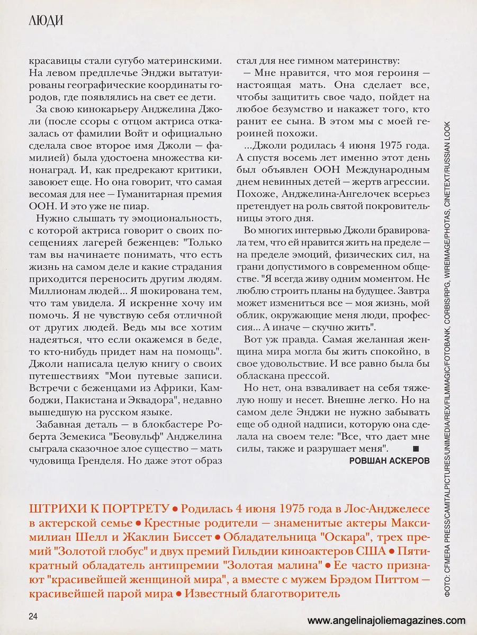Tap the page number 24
33,617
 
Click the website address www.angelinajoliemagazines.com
386,621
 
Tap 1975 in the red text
290,509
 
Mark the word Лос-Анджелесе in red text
386,509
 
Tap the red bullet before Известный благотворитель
179,594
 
